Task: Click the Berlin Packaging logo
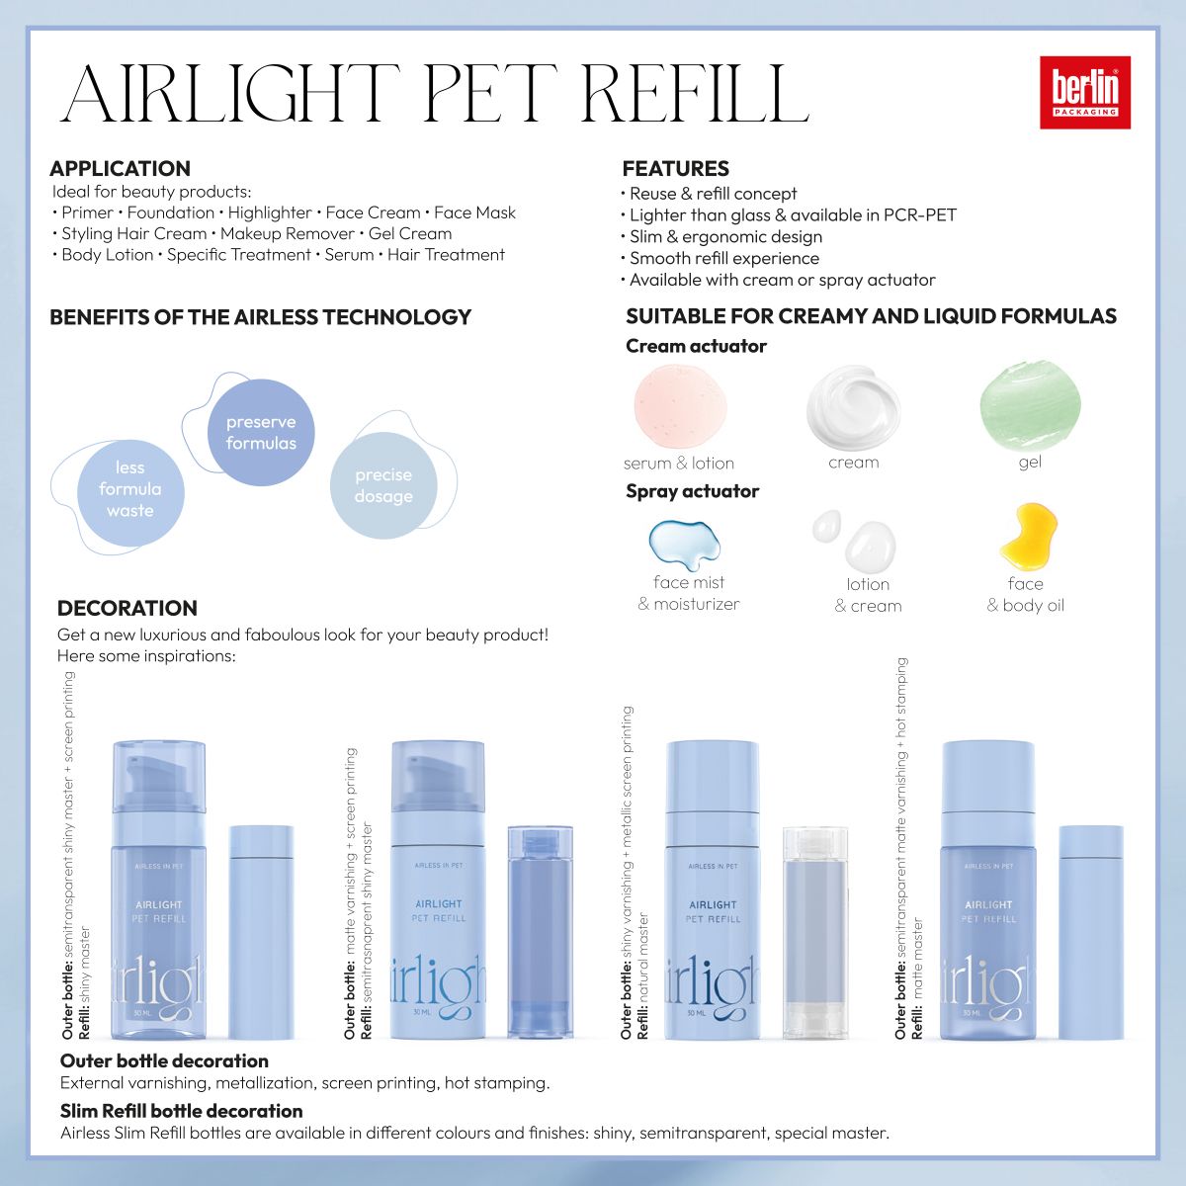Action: [1084, 92]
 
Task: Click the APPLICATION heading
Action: [120, 168]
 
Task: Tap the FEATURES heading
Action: [675, 168]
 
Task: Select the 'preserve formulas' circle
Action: [261, 433]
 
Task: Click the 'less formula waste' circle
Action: [130, 489]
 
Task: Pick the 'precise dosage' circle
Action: [383, 485]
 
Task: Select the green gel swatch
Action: [1029, 404]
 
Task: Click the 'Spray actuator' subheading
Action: [692, 491]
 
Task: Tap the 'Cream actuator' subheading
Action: [696, 346]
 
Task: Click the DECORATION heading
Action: [127, 608]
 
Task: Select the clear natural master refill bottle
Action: [815, 932]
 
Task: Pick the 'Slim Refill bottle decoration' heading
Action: [181, 1111]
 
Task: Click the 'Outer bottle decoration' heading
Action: [164, 1060]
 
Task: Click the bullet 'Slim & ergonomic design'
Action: [724, 236]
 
